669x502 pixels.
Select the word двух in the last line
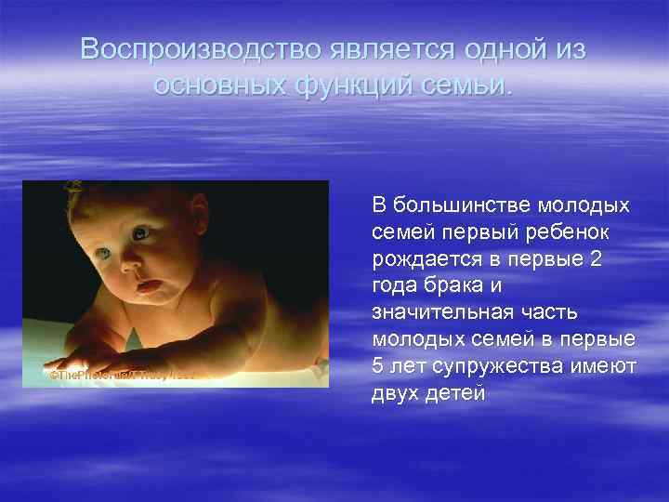394,394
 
